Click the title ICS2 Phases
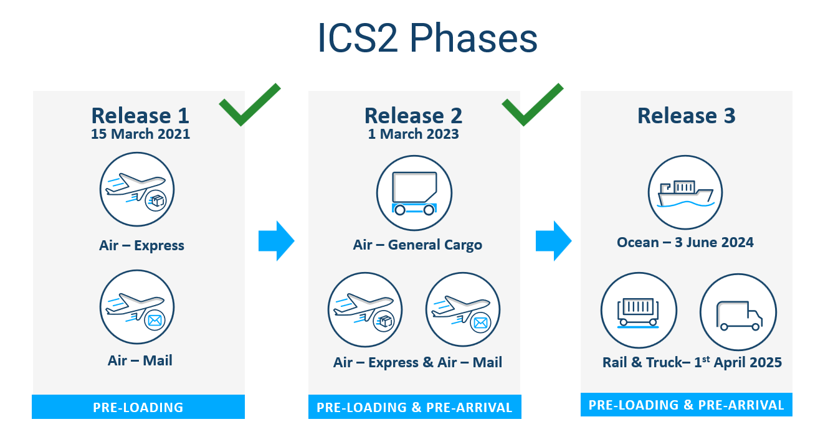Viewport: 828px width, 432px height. [x=427, y=39]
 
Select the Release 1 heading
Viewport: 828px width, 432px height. [x=140, y=116]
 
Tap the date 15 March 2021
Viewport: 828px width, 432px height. [x=140, y=134]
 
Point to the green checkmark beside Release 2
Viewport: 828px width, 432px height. [x=531, y=105]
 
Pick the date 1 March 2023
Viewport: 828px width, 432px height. [x=413, y=134]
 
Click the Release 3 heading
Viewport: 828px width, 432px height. [x=686, y=116]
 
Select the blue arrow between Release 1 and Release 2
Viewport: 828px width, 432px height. [x=276, y=240]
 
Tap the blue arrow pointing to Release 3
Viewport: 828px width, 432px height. [x=553, y=240]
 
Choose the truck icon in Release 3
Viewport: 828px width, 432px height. [x=738, y=311]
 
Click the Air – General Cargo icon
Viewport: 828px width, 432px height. [x=414, y=192]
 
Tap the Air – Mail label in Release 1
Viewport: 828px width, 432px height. [x=140, y=360]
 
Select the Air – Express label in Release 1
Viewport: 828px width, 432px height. [x=141, y=245]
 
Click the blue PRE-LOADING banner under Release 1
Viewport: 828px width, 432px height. [x=138, y=408]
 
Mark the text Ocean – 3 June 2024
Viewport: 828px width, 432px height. [x=685, y=243]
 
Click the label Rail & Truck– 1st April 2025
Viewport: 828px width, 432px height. [x=692, y=362]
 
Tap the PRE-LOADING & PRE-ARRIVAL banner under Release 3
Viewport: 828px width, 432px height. [x=686, y=405]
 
